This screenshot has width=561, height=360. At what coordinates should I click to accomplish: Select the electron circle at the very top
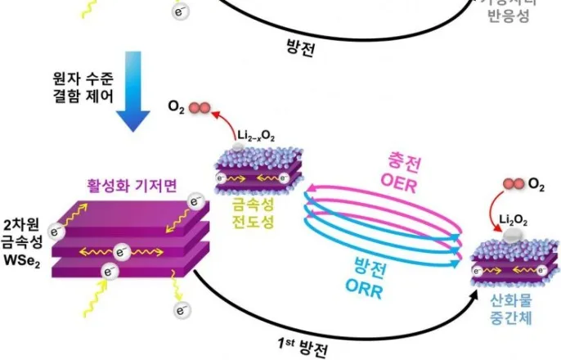[179, 11]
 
